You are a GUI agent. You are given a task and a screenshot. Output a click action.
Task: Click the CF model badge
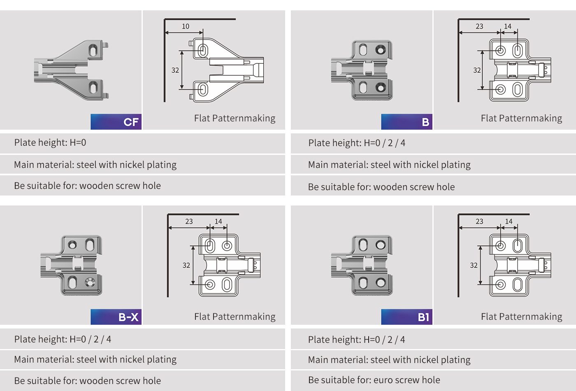116,122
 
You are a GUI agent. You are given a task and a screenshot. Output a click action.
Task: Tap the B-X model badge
116,317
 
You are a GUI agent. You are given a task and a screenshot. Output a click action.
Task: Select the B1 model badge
406,317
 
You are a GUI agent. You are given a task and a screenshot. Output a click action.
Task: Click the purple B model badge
406,122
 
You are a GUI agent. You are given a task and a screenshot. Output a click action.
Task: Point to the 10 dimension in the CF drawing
186,26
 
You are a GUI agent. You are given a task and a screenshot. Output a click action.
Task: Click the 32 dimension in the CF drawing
175,70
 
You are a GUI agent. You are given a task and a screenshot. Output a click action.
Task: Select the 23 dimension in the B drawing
479,26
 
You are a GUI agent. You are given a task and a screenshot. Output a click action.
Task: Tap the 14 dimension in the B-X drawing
218,221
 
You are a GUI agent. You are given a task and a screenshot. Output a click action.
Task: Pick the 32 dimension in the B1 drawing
474,265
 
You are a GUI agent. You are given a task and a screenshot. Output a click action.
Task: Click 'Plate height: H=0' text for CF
50,143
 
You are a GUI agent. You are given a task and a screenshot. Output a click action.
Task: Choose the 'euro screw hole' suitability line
374,380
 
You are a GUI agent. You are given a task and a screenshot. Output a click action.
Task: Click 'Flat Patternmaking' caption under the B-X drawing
235,317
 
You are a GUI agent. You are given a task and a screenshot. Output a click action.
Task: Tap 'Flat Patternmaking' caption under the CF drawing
235,118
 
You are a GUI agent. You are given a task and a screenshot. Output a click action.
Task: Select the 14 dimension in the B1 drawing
509,221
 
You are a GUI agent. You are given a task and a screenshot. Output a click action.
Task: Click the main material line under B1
389,360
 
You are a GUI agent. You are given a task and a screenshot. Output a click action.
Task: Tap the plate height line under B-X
63,339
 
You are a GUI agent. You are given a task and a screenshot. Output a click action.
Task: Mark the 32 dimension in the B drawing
477,70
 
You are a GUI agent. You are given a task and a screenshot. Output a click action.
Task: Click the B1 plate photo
362,265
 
